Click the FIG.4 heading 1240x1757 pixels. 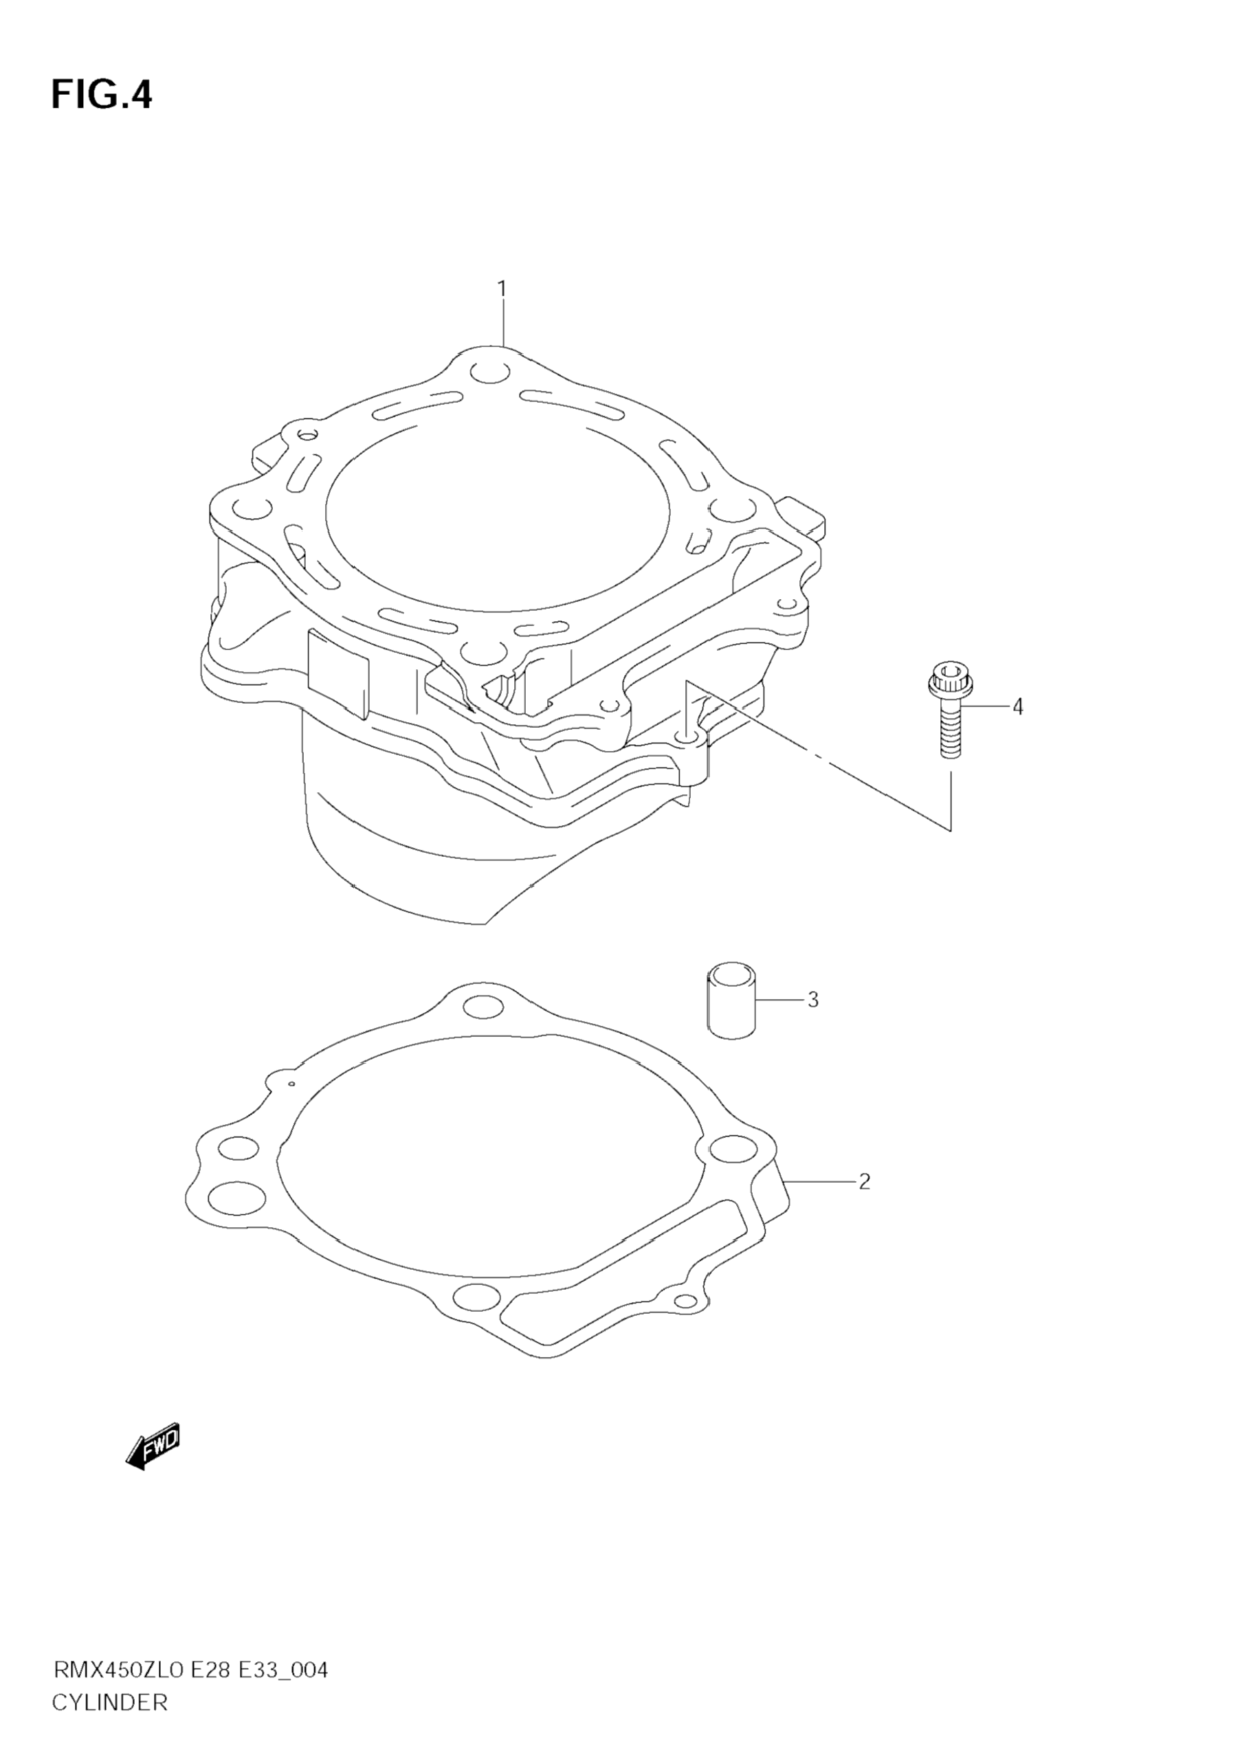coord(102,96)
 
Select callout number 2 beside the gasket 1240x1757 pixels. coord(864,1183)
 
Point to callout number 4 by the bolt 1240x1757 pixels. coord(1017,706)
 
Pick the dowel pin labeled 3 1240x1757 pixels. coord(733,1000)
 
